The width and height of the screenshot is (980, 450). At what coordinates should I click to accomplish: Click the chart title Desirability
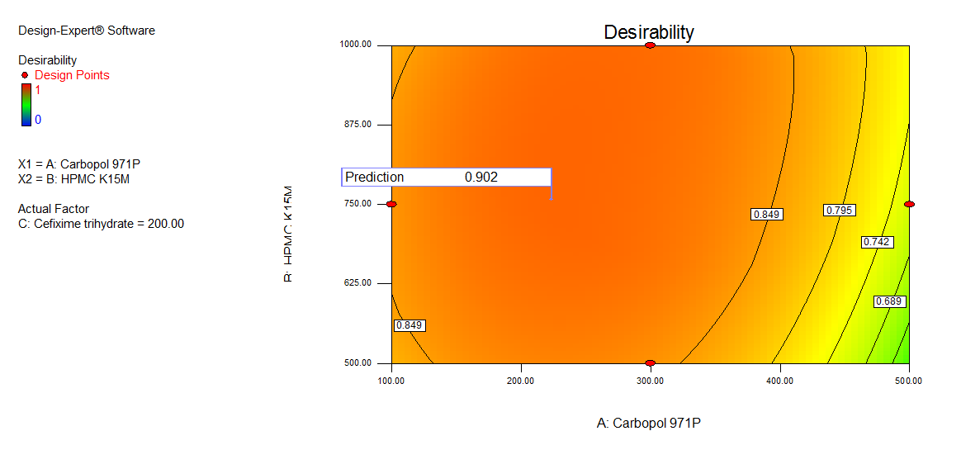pos(649,32)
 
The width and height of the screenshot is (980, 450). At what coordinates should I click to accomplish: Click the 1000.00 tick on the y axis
pos(360,45)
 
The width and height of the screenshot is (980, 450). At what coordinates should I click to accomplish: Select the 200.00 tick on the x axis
pos(521,381)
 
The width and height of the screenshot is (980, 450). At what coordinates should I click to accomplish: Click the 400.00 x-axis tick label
pos(780,381)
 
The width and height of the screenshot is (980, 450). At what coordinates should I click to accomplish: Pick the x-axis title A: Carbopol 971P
pos(649,424)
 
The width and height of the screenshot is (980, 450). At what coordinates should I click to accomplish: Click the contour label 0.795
pos(838,211)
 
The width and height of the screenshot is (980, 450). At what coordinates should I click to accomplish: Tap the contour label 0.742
pos(876,242)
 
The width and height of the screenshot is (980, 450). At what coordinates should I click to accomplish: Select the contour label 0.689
pos(890,301)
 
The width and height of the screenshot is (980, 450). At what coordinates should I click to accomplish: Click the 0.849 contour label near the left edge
pos(410,325)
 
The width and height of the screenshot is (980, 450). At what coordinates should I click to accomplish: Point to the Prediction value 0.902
pos(481,177)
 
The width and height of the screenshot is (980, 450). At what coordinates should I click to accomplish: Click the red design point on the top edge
pos(650,45)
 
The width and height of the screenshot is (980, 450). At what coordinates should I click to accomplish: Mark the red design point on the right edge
pos(909,204)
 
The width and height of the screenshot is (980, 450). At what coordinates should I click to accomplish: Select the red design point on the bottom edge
pos(650,362)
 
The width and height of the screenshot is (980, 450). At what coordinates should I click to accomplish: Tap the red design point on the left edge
pos(391,204)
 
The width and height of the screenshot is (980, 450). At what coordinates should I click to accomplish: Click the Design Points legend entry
pos(71,75)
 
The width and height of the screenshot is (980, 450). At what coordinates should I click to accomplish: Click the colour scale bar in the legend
pos(26,104)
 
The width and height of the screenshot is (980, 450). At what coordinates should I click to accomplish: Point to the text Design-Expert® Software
pos(87,31)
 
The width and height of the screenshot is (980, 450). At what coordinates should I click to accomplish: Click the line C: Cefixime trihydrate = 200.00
pos(101,224)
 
